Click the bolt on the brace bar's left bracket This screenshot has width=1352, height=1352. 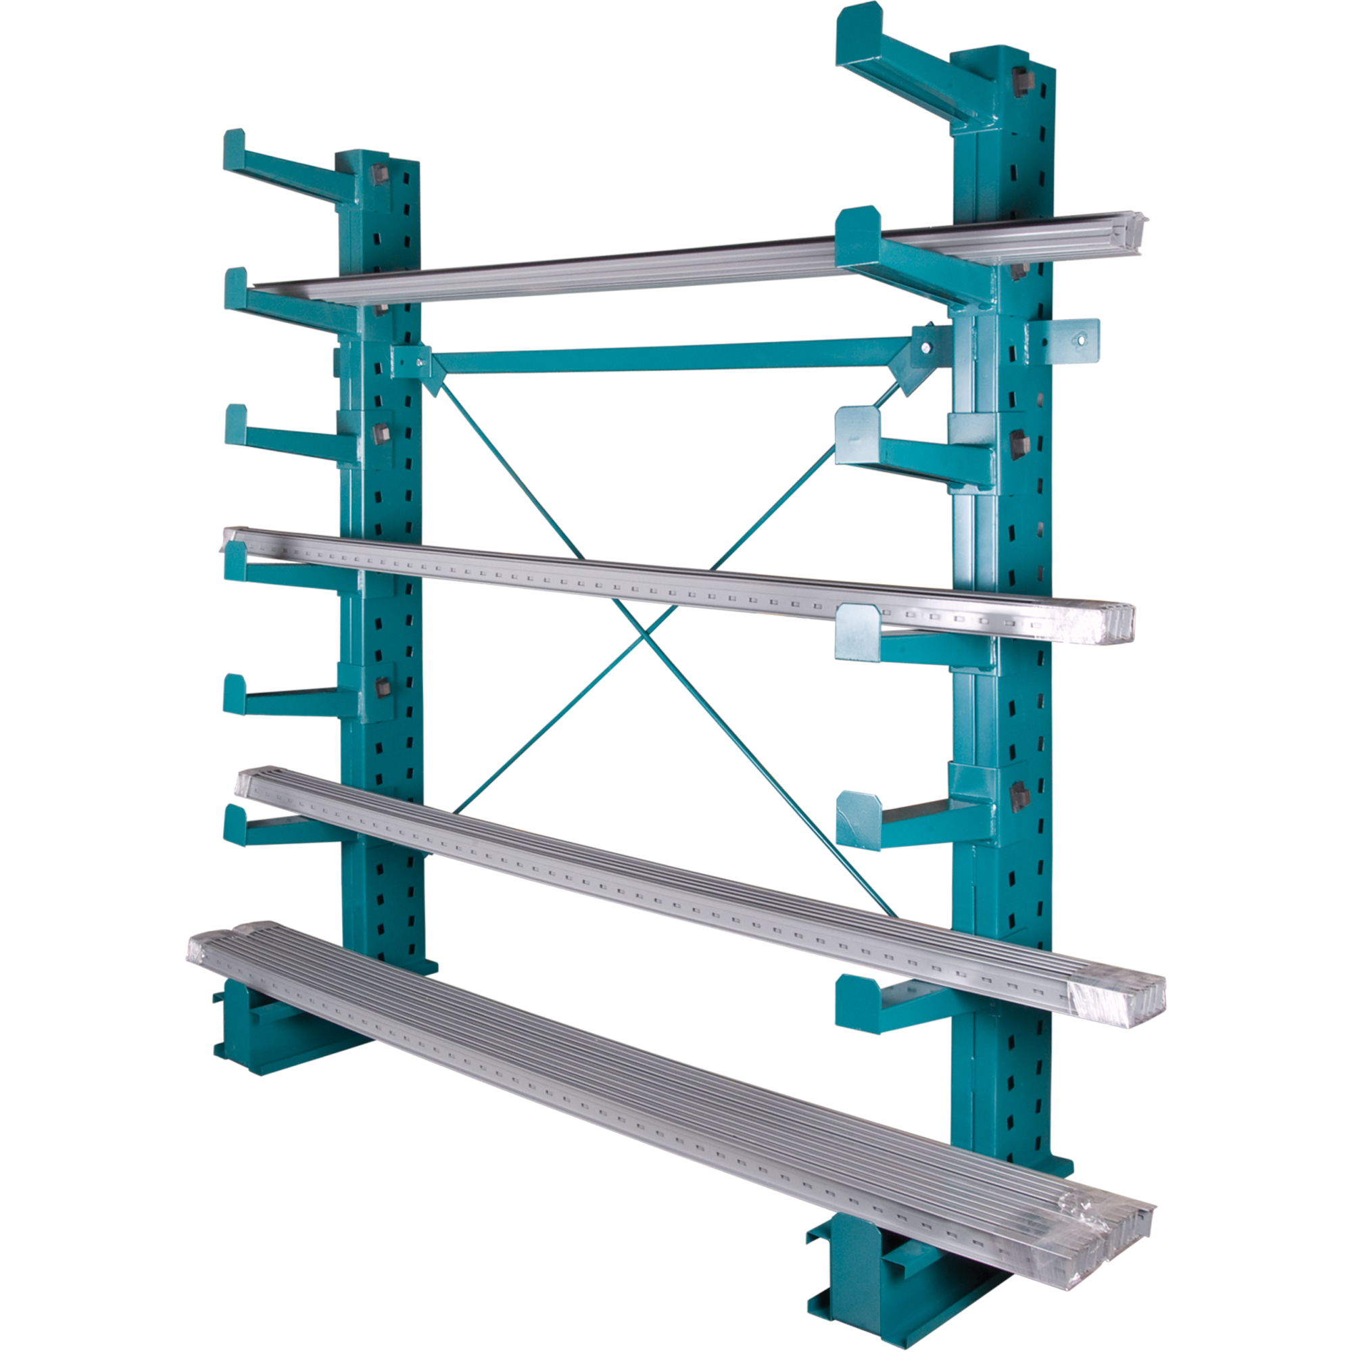419,362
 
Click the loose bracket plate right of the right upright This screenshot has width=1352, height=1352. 1071,341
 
